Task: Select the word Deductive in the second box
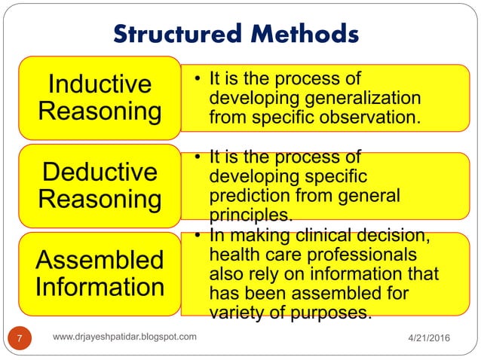click(x=100, y=172)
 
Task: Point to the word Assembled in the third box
click(x=100, y=260)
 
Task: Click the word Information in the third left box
click(x=100, y=287)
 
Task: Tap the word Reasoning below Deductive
click(x=100, y=200)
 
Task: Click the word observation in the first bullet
click(x=369, y=117)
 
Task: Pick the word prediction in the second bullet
click(x=245, y=195)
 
